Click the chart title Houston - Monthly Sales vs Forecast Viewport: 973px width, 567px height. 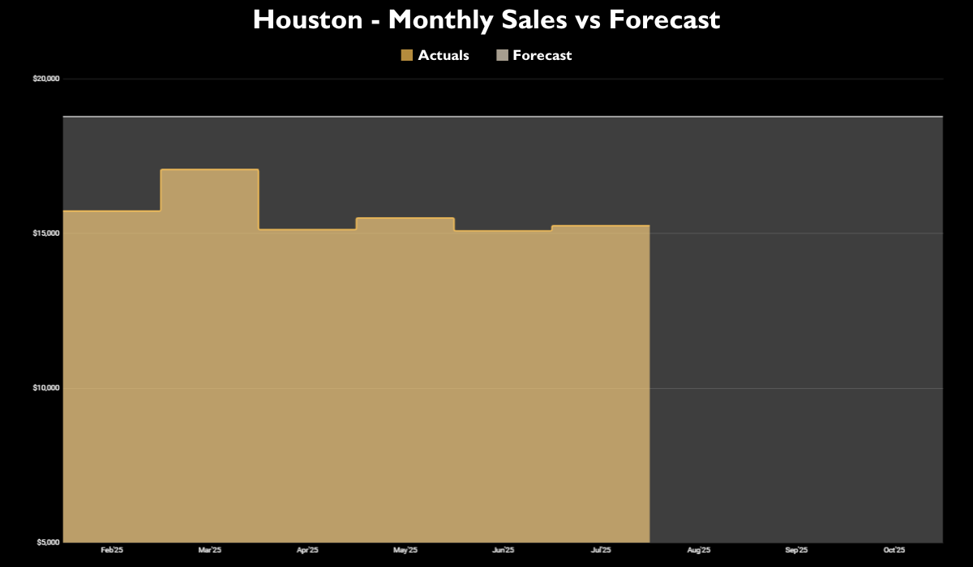[x=486, y=19]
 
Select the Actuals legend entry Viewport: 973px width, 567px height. [x=443, y=55]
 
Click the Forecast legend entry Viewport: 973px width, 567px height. [x=542, y=55]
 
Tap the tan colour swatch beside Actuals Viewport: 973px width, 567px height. [x=407, y=55]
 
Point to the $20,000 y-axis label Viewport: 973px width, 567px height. [x=46, y=79]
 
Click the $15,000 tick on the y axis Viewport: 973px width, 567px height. [x=46, y=233]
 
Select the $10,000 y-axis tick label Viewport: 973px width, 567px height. [x=46, y=388]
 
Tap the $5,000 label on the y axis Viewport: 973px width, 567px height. [x=48, y=542]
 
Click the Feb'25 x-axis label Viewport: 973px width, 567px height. [x=112, y=551]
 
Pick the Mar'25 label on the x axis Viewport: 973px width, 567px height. [x=210, y=551]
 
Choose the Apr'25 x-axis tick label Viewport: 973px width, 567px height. [x=307, y=551]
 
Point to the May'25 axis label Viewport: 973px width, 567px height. [x=405, y=551]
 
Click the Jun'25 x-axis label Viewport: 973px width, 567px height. [x=504, y=551]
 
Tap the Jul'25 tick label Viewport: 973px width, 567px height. [x=601, y=551]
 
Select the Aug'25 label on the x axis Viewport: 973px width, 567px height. [x=699, y=551]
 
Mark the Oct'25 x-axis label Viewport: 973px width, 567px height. [x=894, y=551]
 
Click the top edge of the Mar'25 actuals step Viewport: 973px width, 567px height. [x=210, y=169]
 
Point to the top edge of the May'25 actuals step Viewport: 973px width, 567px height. [x=405, y=218]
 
